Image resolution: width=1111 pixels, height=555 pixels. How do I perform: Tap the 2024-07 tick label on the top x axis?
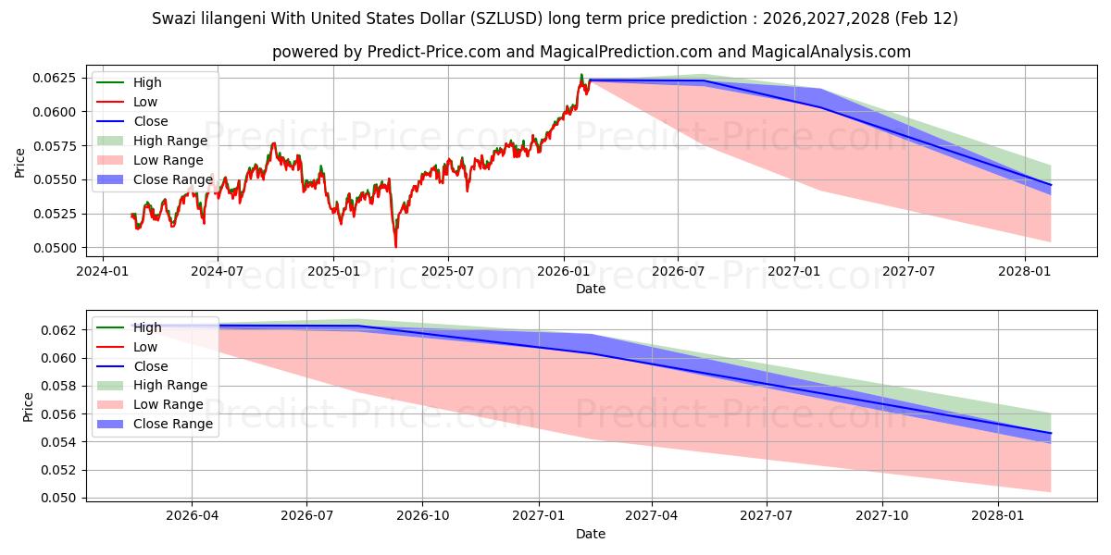coord(217,271)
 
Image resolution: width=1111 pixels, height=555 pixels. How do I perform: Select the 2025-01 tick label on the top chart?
coord(332,271)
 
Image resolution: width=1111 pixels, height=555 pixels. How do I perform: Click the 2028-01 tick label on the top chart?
coord(1024,271)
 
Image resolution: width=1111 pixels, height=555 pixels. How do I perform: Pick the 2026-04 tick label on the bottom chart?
coord(192,516)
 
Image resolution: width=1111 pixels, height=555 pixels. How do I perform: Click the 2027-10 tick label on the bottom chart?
coord(882,516)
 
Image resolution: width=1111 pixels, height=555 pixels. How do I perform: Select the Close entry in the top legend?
coord(151,121)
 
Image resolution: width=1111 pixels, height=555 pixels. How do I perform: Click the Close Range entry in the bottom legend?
coord(173,424)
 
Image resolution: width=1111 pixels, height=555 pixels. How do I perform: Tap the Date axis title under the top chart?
coord(590,289)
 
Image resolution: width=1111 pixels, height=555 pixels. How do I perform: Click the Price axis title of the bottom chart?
coord(28,406)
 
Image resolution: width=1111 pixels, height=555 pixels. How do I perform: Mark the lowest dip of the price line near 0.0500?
coord(395,246)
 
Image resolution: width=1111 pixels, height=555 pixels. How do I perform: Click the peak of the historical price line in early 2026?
coord(581,75)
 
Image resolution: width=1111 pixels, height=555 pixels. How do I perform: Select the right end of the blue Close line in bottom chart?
coord(1051,433)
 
